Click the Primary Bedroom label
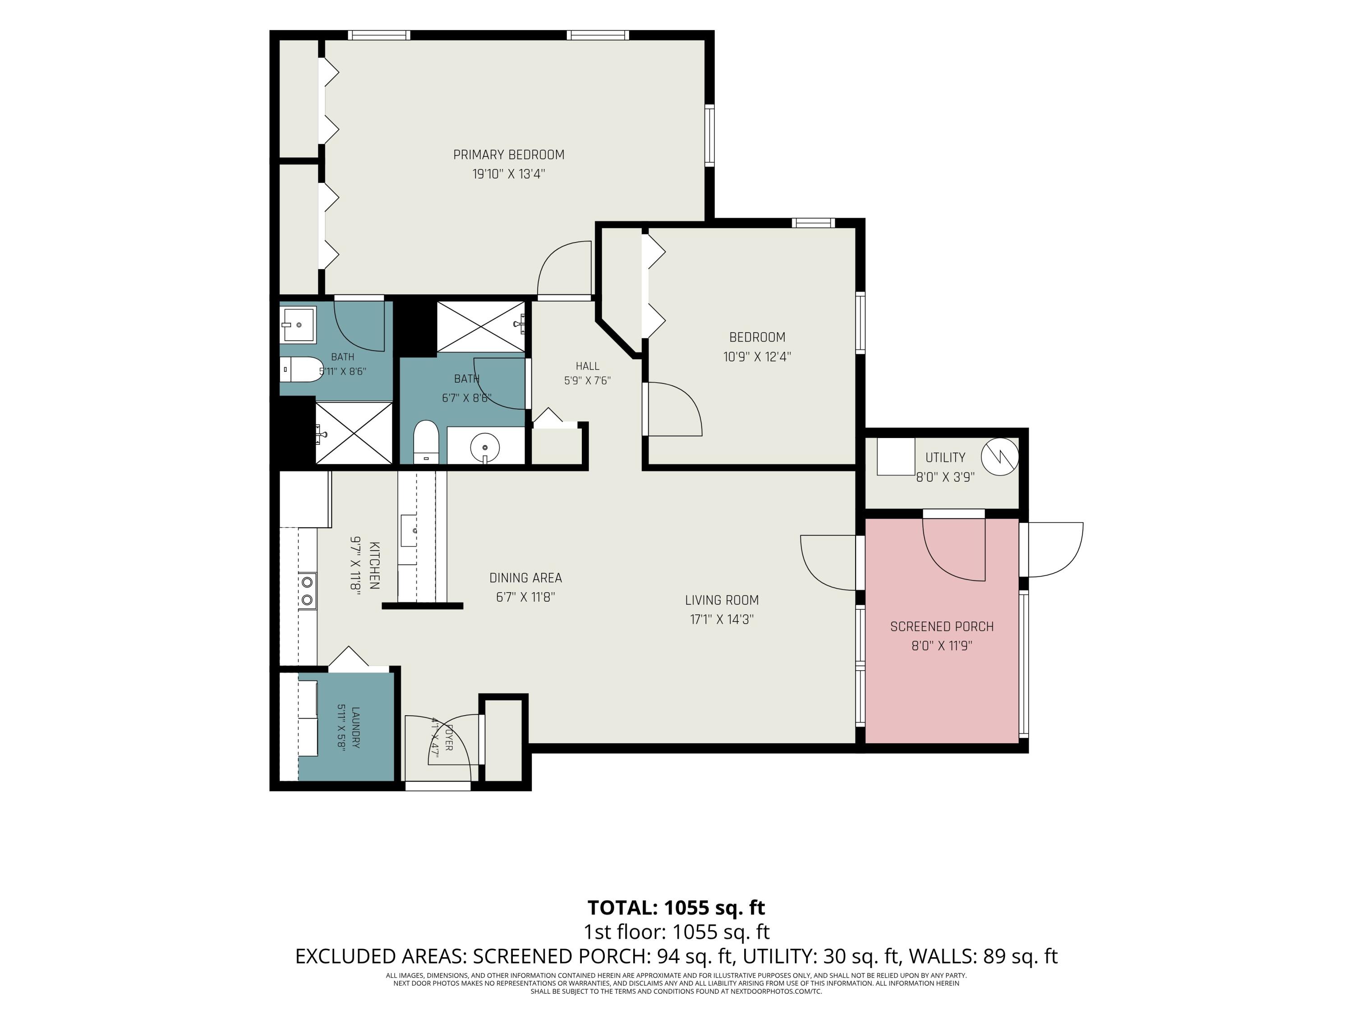click(x=508, y=155)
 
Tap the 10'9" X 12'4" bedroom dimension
click(x=757, y=356)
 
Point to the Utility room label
click(x=945, y=457)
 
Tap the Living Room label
click(x=722, y=600)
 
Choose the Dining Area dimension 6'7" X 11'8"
click(x=525, y=597)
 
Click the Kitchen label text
click(x=374, y=566)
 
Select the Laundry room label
click(x=355, y=727)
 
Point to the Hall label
click(x=587, y=366)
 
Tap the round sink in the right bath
click(x=484, y=448)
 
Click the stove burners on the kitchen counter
click(x=307, y=591)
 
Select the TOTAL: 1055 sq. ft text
click(x=676, y=907)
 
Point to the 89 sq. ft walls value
click(x=1020, y=955)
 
